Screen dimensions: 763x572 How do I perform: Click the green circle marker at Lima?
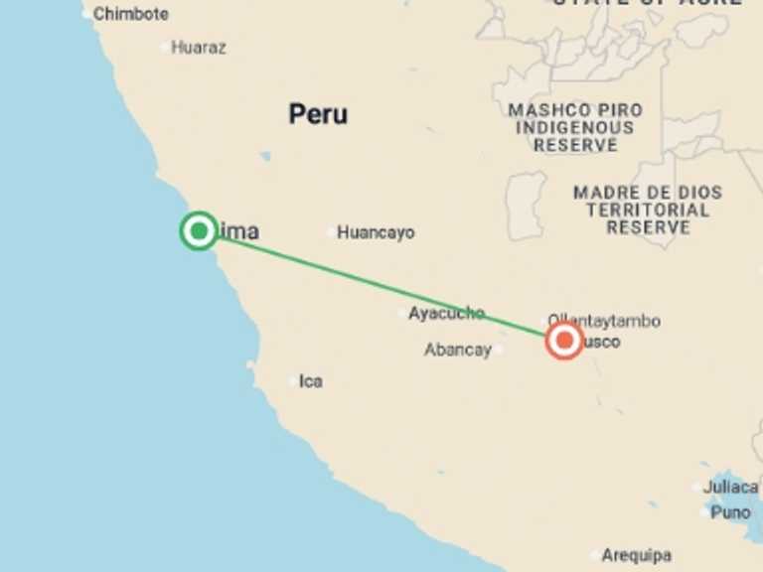pyautogui.click(x=199, y=230)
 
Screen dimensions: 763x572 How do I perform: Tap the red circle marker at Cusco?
pyautogui.click(x=564, y=342)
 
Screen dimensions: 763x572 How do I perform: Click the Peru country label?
pyautogui.click(x=318, y=114)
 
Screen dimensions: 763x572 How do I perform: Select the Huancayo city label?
pyautogui.click(x=376, y=232)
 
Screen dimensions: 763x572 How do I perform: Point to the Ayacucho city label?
pyautogui.click(x=446, y=313)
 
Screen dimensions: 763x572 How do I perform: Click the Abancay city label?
pyautogui.click(x=458, y=350)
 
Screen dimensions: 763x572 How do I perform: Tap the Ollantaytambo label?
pyautogui.click(x=604, y=321)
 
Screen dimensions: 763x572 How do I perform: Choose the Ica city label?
pyautogui.click(x=311, y=381)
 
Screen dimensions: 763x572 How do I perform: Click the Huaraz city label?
pyautogui.click(x=199, y=47)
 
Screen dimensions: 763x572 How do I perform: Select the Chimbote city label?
pyautogui.click(x=131, y=14)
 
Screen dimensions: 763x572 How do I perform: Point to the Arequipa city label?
pyautogui.click(x=637, y=555)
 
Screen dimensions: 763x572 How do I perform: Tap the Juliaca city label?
pyautogui.click(x=730, y=487)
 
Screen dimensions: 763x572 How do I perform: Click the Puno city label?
pyautogui.click(x=731, y=512)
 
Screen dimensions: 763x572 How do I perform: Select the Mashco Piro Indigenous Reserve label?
pyautogui.click(x=575, y=127)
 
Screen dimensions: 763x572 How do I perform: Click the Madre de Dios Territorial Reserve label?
pyautogui.click(x=648, y=210)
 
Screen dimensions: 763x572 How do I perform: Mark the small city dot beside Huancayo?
pyautogui.click(x=331, y=232)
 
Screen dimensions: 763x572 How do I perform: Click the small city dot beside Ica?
pyautogui.click(x=293, y=381)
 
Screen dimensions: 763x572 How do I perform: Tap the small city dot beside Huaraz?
pyautogui.click(x=165, y=47)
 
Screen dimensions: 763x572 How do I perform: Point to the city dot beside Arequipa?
pyautogui.click(x=595, y=555)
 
